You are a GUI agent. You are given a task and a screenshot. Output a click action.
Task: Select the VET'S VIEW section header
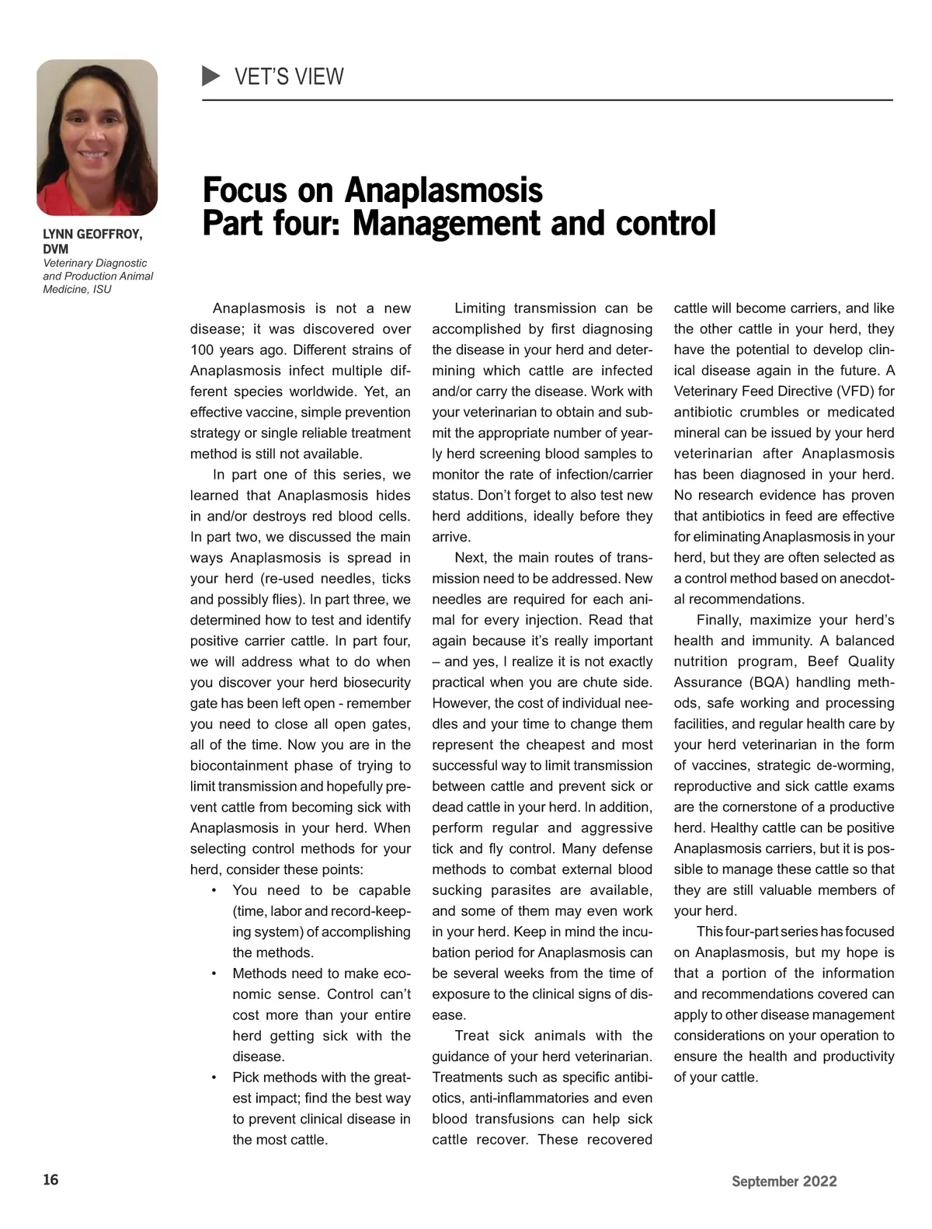coord(289,77)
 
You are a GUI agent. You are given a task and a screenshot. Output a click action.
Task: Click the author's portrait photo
coord(97,138)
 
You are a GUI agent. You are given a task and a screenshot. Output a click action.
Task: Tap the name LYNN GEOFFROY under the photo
coord(92,234)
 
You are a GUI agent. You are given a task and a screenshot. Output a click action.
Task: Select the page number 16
coord(50,1180)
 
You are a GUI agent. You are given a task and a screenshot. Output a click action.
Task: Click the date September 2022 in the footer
coord(784,1182)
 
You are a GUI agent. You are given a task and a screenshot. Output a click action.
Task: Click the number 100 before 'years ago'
coord(203,350)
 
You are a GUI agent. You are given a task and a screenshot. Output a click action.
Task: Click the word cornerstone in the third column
coord(766,807)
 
